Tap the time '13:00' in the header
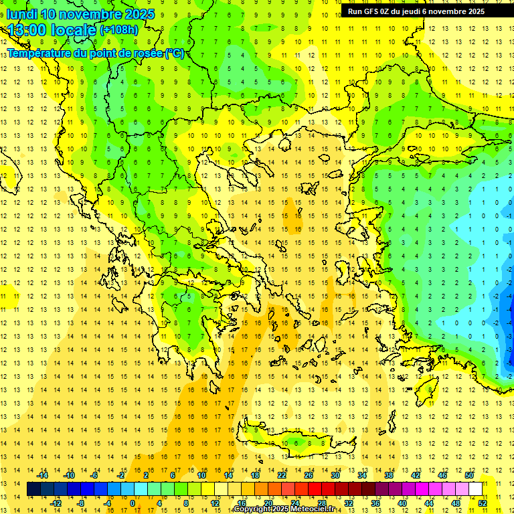pos(26,29)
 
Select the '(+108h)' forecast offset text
pos(119,29)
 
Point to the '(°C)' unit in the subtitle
pos(175,53)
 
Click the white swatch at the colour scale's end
pos(476,489)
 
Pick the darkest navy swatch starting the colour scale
pos(34,489)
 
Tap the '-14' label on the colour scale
pos(42,475)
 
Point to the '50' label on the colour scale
pos(469,475)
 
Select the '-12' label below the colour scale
pos(56,503)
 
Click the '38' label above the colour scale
pos(388,475)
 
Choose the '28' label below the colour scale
pos(321,503)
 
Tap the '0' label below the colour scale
pos(132,503)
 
